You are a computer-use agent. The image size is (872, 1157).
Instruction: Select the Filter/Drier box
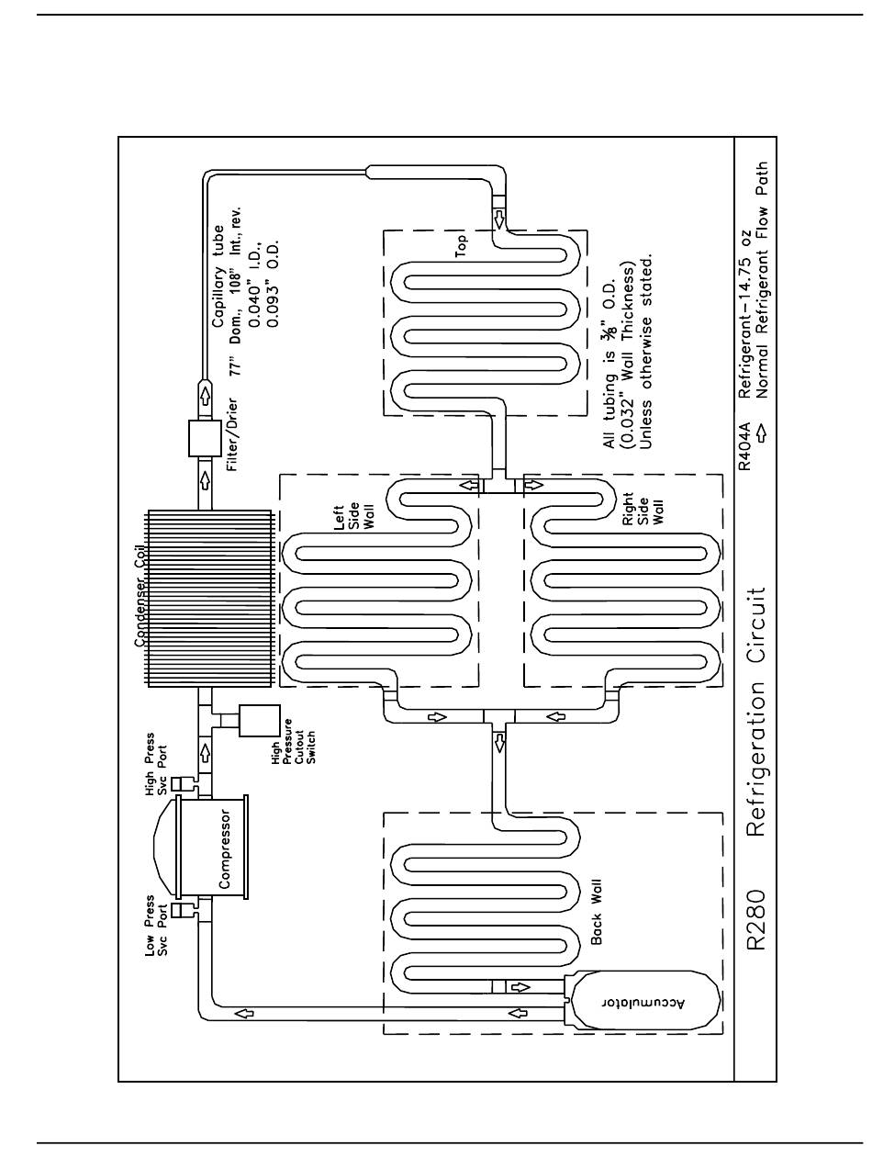pyautogui.click(x=205, y=439)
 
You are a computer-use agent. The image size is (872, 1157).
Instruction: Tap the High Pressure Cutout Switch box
pyautogui.click(x=259, y=721)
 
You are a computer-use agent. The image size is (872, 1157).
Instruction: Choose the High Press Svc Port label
pyautogui.click(x=156, y=763)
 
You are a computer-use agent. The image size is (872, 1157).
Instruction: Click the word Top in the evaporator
pyautogui.click(x=462, y=245)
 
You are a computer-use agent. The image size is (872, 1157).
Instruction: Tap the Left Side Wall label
pyautogui.click(x=353, y=516)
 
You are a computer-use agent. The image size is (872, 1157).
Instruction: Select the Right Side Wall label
pyautogui.click(x=643, y=508)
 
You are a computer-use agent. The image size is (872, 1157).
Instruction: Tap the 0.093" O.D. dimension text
pyautogui.click(x=273, y=283)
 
